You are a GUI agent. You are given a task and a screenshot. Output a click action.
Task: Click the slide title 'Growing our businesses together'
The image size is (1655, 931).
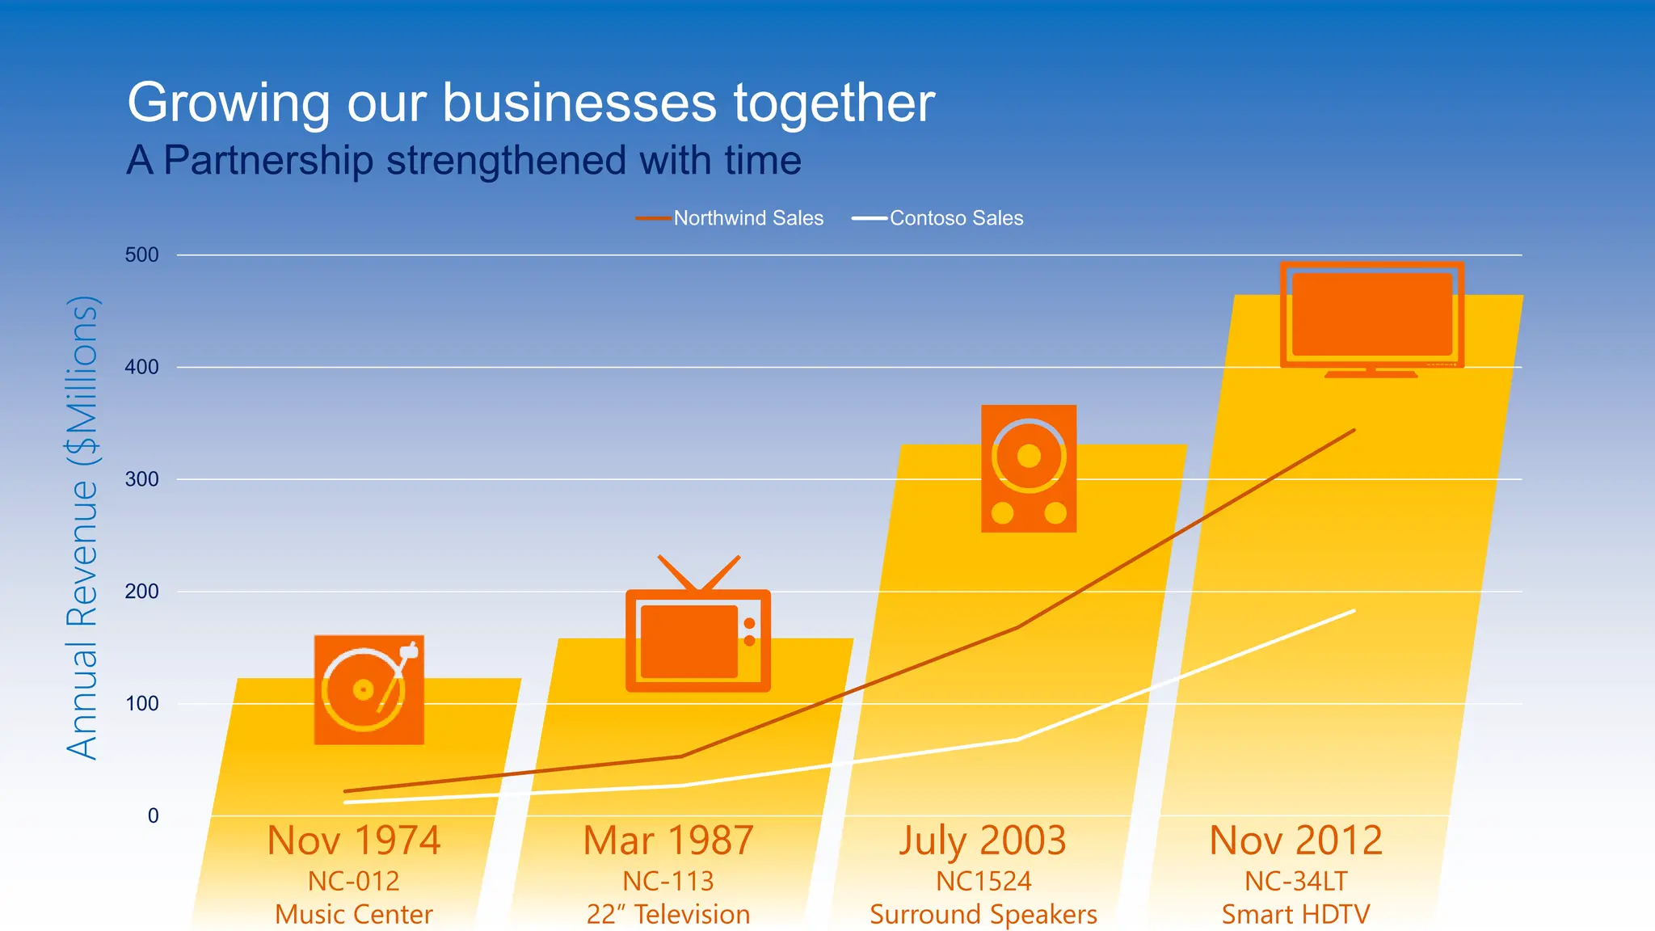point(531,103)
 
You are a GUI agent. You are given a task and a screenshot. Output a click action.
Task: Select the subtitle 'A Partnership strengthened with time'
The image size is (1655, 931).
point(464,160)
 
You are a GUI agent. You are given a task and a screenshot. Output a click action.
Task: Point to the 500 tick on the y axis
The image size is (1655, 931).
point(141,255)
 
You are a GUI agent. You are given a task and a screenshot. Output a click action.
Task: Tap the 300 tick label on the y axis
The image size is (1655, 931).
point(141,479)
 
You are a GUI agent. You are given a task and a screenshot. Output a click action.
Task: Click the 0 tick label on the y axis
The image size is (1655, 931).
point(153,815)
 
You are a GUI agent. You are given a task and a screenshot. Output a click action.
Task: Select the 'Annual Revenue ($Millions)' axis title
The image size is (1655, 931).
point(82,529)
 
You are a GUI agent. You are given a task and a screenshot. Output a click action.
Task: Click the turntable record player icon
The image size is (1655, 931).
point(369,689)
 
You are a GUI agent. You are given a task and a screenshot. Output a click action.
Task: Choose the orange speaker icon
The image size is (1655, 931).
point(1028,469)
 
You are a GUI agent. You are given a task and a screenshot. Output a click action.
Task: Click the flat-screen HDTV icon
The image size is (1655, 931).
point(1371,318)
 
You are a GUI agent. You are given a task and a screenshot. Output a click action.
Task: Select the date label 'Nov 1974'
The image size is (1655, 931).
point(354,840)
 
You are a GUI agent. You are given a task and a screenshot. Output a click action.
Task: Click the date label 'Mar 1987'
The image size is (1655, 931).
point(668,840)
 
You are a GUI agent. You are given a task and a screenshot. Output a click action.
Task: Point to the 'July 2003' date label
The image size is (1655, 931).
point(983,840)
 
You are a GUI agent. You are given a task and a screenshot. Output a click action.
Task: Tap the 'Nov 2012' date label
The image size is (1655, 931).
point(1295,840)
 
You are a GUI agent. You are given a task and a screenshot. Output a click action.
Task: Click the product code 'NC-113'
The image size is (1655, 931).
point(668,881)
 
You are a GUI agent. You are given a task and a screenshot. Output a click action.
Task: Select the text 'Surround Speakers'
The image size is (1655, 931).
point(983,914)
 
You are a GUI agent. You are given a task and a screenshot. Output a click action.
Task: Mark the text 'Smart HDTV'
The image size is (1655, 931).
point(1295,914)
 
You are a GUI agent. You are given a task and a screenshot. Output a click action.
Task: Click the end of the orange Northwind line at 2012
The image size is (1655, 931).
point(1354,431)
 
